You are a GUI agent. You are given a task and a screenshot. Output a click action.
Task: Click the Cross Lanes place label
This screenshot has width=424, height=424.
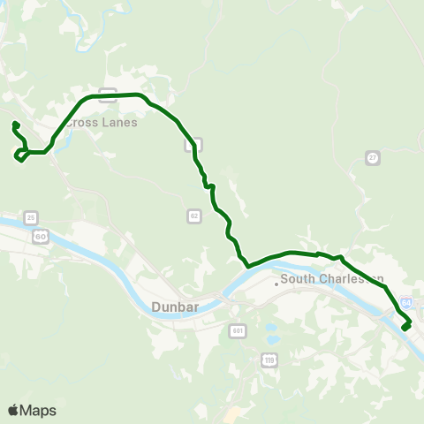[102, 123]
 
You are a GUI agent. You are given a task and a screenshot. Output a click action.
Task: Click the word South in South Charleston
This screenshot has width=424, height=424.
[299, 280]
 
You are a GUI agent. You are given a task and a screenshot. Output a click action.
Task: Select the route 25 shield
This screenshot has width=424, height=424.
[32, 217]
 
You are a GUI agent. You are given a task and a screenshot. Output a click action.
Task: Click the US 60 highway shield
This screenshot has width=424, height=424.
[41, 236]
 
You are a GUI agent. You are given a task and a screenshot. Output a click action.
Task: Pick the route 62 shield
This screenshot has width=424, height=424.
[194, 216]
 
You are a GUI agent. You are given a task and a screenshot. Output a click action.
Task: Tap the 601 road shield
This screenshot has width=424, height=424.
[238, 330]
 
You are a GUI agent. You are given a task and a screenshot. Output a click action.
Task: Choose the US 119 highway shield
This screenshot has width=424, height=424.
[268, 359]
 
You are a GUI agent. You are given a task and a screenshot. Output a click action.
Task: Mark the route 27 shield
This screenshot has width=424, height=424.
[373, 157]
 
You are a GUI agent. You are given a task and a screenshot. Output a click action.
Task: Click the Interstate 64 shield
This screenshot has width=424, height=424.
[405, 301]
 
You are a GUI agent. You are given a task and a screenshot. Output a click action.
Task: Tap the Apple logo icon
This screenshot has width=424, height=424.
[14, 410]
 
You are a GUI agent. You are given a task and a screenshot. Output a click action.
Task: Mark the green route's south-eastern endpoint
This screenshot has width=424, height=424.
[405, 329]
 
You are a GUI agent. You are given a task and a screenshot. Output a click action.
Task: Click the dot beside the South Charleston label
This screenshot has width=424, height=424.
[276, 284]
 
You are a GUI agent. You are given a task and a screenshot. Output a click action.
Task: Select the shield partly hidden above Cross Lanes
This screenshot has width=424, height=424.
[108, 91]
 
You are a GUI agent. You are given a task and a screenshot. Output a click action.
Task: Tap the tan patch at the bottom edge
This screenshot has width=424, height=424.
[231, 416]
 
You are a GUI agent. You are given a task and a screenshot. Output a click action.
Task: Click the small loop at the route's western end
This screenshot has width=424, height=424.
[19, 156]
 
